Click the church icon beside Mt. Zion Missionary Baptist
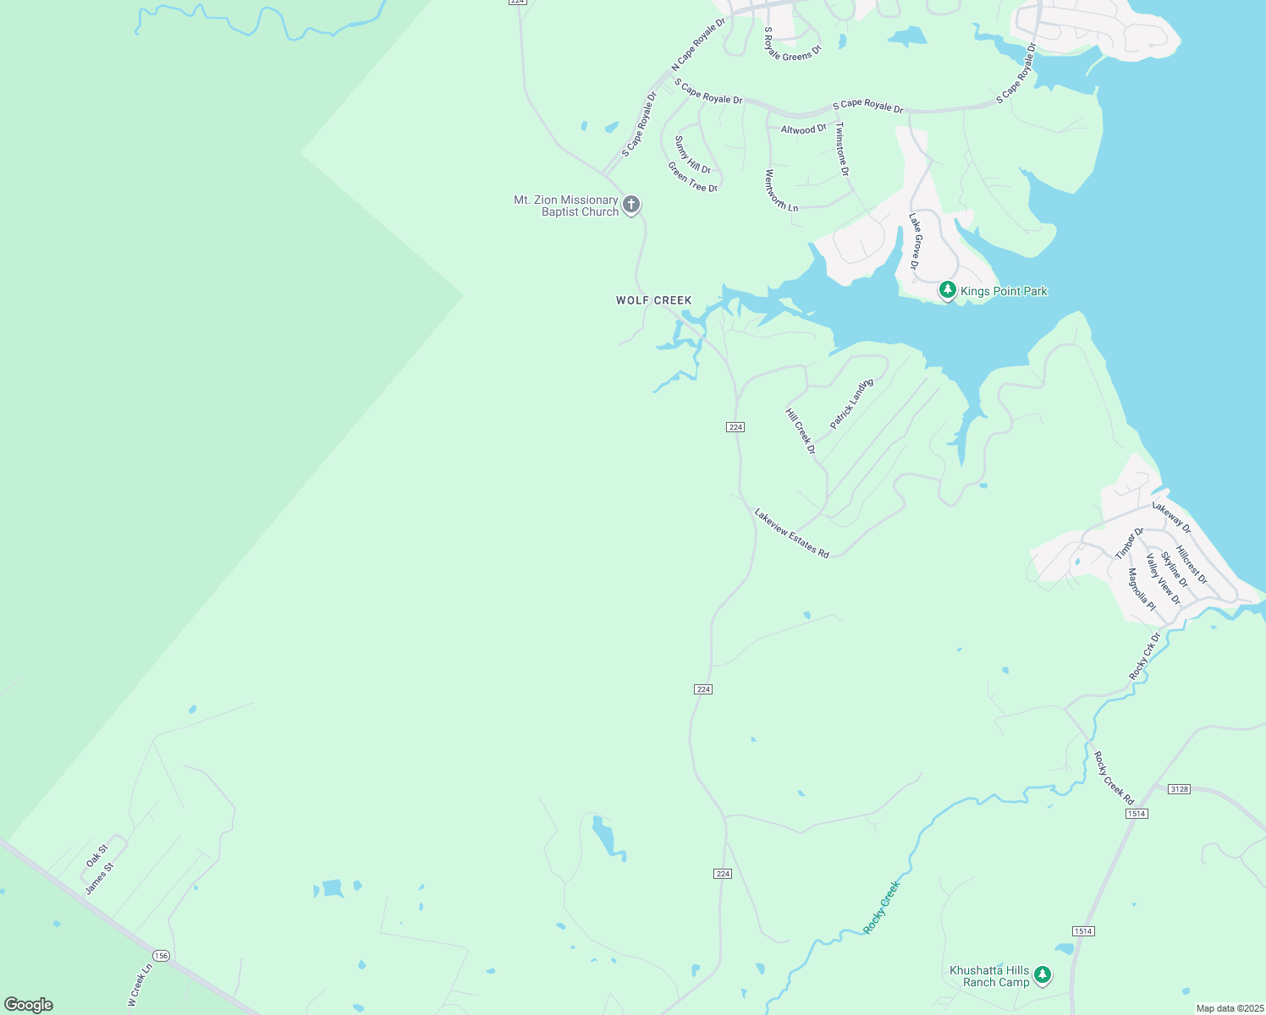coord(630,205)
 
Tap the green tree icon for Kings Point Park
coord(948,291)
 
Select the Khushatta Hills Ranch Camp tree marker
coord(1043,975)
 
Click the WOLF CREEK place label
coord(653,300)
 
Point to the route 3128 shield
coord(1179,789)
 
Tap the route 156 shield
coord(162,956)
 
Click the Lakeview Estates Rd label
coord(791,533)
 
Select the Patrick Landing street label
coord(851,404)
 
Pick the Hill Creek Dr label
coord(801,431)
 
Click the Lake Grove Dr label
coord(914,241)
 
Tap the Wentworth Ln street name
coord(781,190)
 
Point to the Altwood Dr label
coord(803,129)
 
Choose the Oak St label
coord(97,855)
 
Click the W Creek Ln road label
coord(140,985)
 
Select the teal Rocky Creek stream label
coord(881,908)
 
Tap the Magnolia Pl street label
coord(1142,590)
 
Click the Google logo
coord(28,1005)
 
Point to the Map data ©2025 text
coord(1228,1008)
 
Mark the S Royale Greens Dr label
coord(792,44)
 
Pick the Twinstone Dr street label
coord(841,149)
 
